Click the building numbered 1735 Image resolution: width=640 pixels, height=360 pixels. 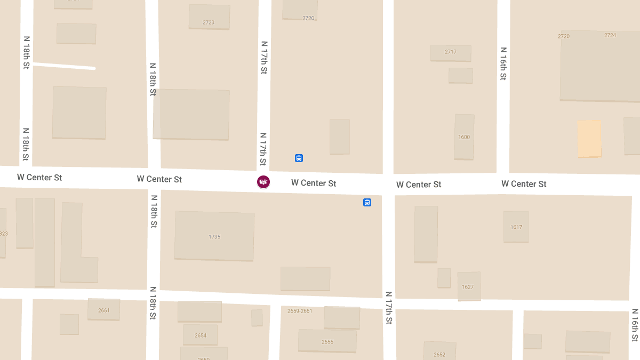coord(214,236)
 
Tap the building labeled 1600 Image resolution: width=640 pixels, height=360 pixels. coord(464,137)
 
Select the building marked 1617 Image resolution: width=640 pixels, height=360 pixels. coord(516,227)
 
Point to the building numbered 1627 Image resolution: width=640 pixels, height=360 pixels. coord(468,286)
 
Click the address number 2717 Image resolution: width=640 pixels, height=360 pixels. coord(451,52)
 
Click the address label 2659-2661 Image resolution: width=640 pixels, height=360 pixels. coord(300,311)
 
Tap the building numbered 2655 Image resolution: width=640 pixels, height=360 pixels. coord(327,341)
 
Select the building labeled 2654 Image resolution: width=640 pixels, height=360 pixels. coord(200,335)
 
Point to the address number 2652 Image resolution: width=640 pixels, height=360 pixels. coord(439,355)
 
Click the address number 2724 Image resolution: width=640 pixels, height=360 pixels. coord(610,36)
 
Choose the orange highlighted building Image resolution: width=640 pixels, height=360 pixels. coord(589,139)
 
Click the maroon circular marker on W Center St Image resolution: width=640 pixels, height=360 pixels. coord(263,182)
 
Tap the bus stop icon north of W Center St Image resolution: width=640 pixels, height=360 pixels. coord(299,158)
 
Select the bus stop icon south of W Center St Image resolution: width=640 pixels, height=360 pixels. coord(367,202)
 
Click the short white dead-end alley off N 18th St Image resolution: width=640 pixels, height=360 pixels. coord(64,66)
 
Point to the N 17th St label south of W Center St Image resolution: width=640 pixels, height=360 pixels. coord(389,308)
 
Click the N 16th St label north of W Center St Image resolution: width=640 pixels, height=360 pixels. coord(503,63)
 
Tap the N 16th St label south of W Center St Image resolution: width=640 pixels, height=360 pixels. coord(635,325)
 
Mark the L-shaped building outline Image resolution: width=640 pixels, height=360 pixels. coord(72,243)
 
